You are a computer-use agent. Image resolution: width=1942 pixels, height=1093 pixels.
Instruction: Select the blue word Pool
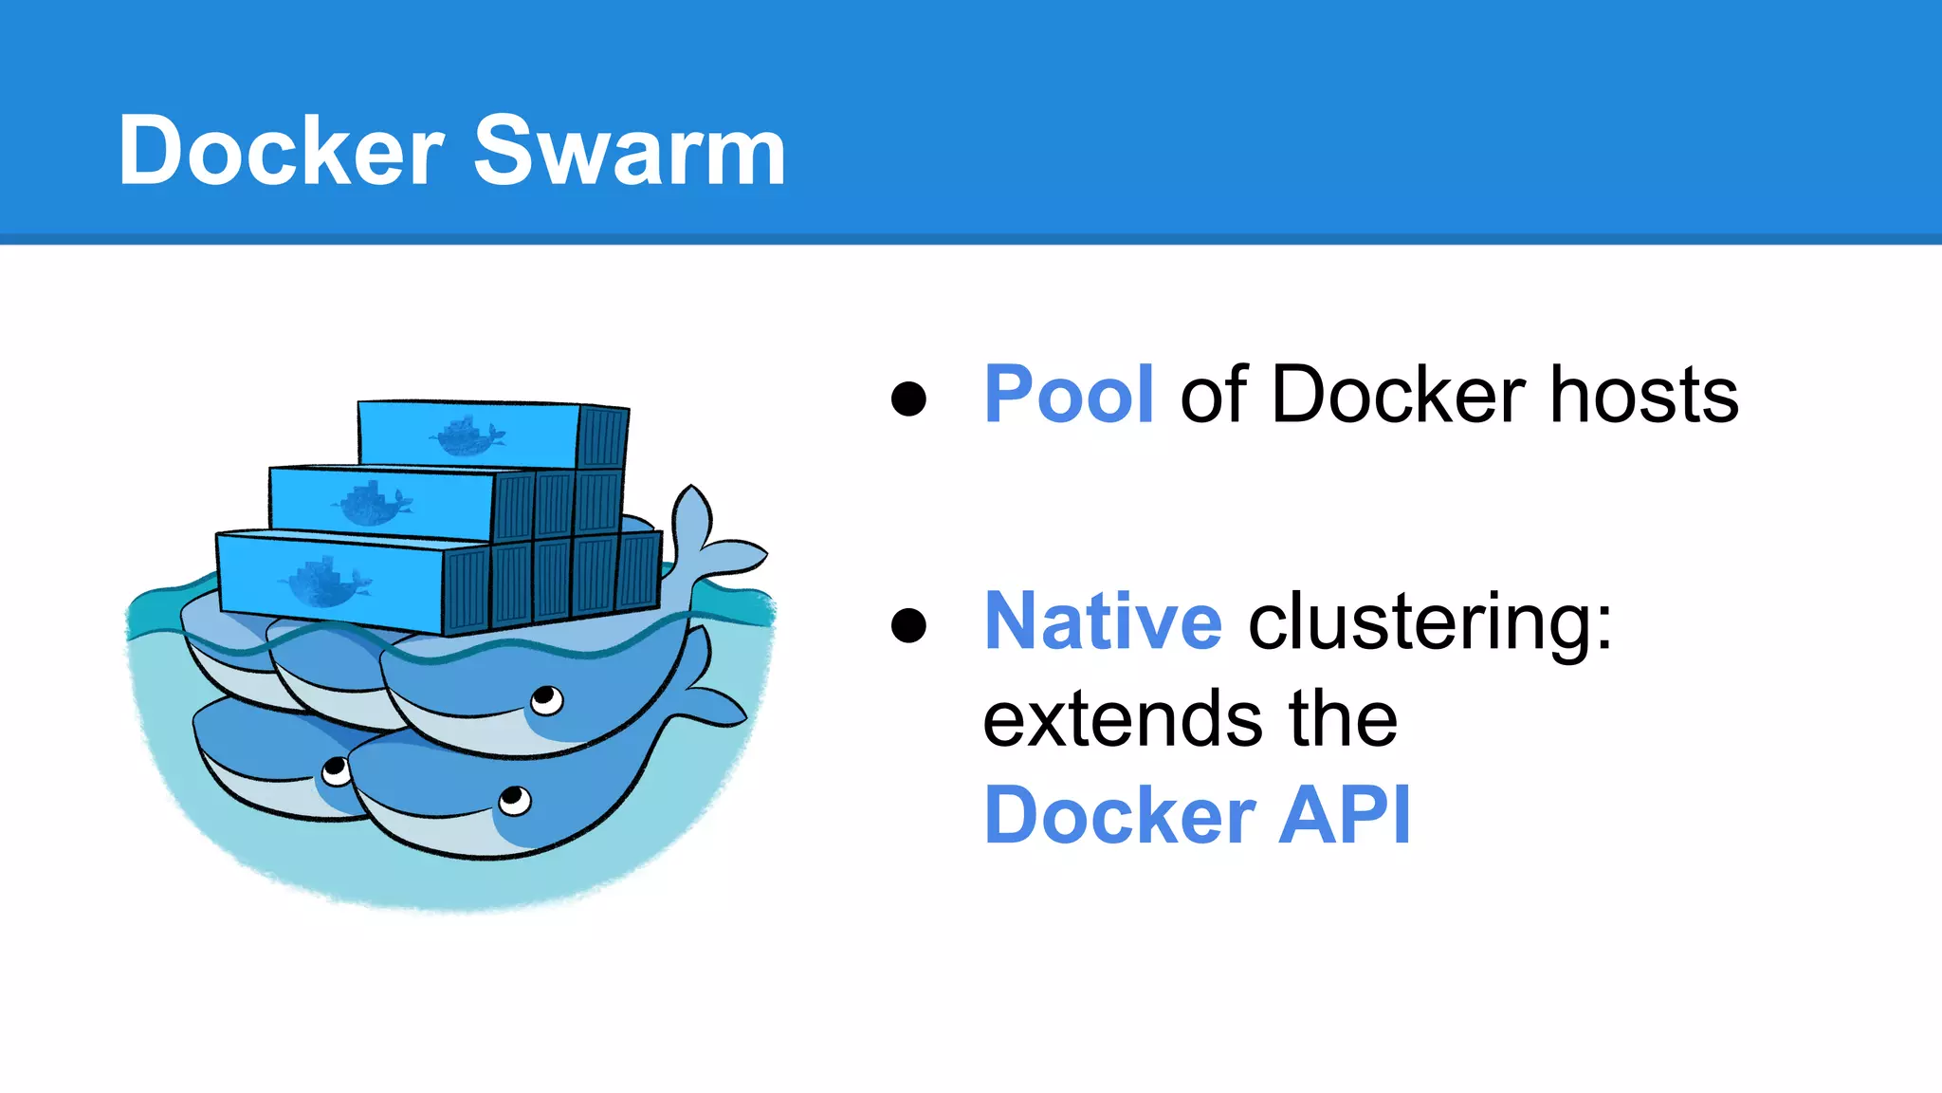click(x=1069, y=395)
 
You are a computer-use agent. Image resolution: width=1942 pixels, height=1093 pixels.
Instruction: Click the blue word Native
click(x=1103, y=621)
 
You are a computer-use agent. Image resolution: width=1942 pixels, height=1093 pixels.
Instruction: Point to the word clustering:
click(x=1430, y=623)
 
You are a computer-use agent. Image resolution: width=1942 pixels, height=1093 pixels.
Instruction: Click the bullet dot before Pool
click(x=908, y=398)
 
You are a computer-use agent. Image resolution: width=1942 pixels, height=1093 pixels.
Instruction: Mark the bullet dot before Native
click(x=908, y=625)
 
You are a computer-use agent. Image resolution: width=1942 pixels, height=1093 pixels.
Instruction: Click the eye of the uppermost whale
click(x=546, y=701)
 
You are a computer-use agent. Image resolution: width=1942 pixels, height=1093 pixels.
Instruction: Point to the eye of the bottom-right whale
click(x=514, y=800)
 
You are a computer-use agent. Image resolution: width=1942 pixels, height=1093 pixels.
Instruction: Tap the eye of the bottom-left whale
click(x=336, y=771)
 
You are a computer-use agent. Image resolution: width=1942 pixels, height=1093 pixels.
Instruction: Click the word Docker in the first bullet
click(x=1398, y=395)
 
